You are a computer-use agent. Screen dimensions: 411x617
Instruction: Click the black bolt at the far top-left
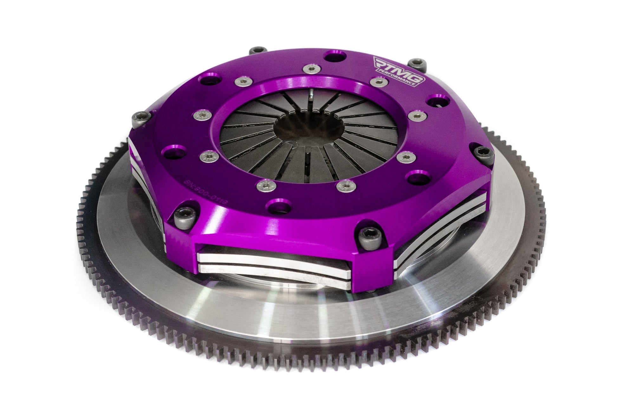256,51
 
